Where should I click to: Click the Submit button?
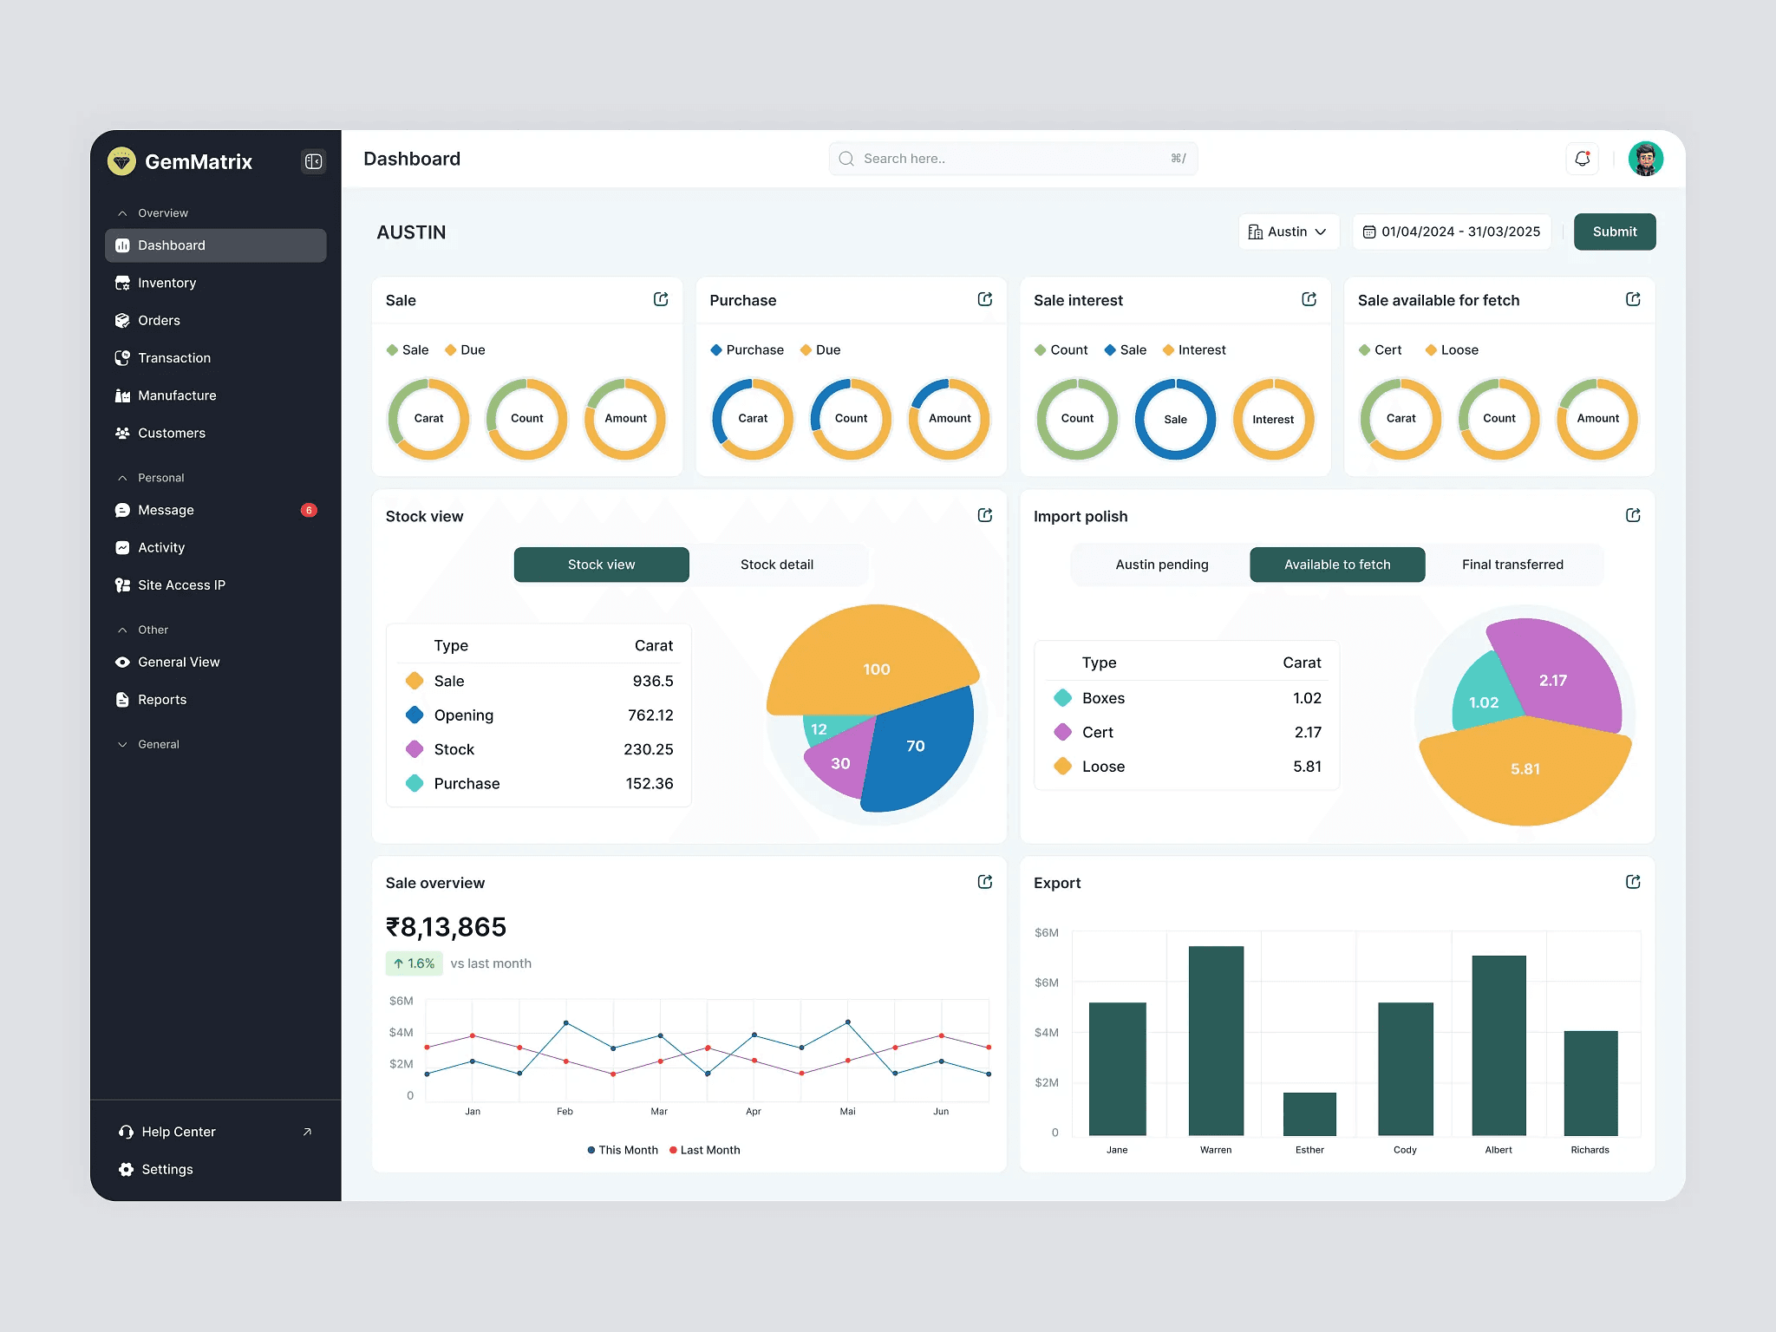1614,232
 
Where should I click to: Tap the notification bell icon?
1582,159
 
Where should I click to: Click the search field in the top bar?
1013,159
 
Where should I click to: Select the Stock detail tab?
777,565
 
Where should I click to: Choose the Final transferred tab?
1512,565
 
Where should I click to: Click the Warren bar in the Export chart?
1216,1041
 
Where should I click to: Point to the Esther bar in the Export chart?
1309,1113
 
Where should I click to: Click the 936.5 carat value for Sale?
652,681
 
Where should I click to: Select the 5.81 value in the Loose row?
1307,767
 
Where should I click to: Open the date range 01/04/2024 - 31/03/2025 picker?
1452,232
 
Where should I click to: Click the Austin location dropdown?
1289,232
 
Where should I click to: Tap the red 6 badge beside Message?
309,510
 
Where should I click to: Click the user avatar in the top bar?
1645,159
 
